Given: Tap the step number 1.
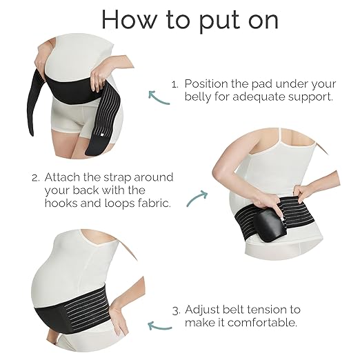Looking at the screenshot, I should pos(174,83).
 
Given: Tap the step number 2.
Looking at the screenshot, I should pos(35,176).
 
